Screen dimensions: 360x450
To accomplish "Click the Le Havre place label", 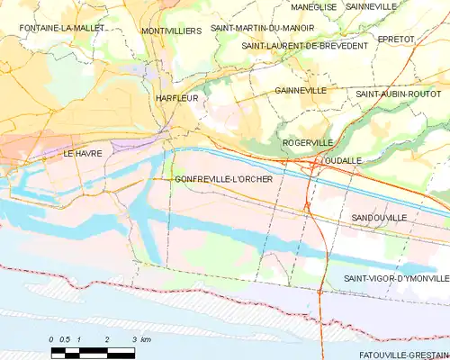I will [82, 154].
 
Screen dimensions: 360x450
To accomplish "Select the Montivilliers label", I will [171, 31].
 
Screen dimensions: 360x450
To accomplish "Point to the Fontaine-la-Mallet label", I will [58, 29].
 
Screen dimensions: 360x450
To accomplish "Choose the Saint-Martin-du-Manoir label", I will [256, 28].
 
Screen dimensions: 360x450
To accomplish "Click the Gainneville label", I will [301, 91].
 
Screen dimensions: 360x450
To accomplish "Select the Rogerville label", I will [307, 142].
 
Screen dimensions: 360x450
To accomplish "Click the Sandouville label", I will [379, 218].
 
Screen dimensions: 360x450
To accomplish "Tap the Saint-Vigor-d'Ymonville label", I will [396, 279].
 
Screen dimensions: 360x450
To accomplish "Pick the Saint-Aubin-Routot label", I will [398, 94].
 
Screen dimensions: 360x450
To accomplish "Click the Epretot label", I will [421, 40].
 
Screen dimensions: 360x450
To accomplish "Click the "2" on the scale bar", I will [107, 338].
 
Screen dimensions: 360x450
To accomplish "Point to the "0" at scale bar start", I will [51, 338].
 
